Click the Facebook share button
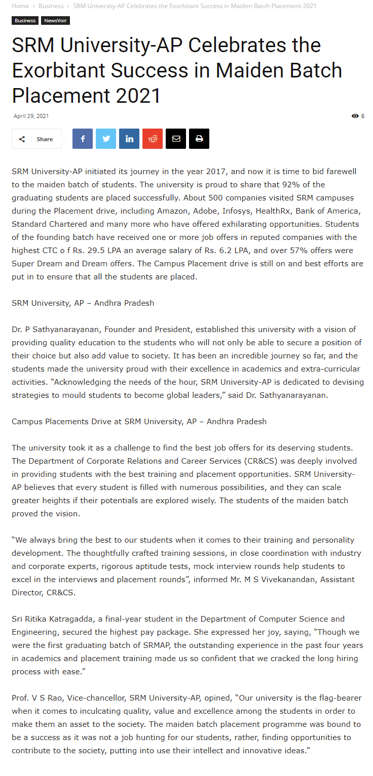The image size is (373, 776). pyautogui.click(x=83, y=139)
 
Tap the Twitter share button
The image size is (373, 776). pyautogui.click(x=106, y=139)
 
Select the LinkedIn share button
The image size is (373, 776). pyautogui.click(x=129, y=139)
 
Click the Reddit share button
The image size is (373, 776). pyautogui.click(x=153, y=139)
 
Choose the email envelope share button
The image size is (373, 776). pyautogui.click(x=176, y=139)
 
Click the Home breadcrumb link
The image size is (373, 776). pyautogui.click(x=20, y=6)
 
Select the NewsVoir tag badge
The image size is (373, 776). pyautogui.click(x=55, y=21)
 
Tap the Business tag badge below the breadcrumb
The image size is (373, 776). pyautogui.click(x=25, y=21)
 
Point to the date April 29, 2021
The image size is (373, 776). pyautogui.click(x=31, y=116)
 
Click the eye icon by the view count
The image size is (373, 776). pyautogui.click(x=355, y=116)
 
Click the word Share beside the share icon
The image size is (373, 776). pyautogui.click(x=45, y=139)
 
